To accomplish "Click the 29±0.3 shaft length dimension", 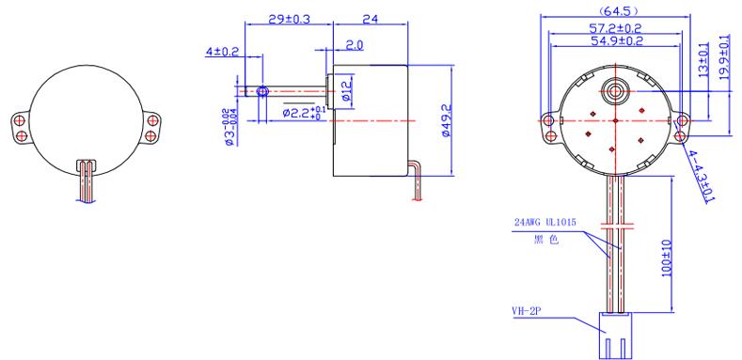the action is coord(289,19).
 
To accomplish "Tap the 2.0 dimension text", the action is coord(354,45).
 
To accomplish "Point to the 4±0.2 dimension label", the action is coord(222,52).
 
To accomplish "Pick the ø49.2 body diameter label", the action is coord(446,120).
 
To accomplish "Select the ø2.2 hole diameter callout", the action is coord(305,113).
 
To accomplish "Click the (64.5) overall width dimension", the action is coord(615,10).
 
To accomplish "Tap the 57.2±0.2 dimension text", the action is coord(615,28).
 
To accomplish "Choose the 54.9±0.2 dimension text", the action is coord(615,41).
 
